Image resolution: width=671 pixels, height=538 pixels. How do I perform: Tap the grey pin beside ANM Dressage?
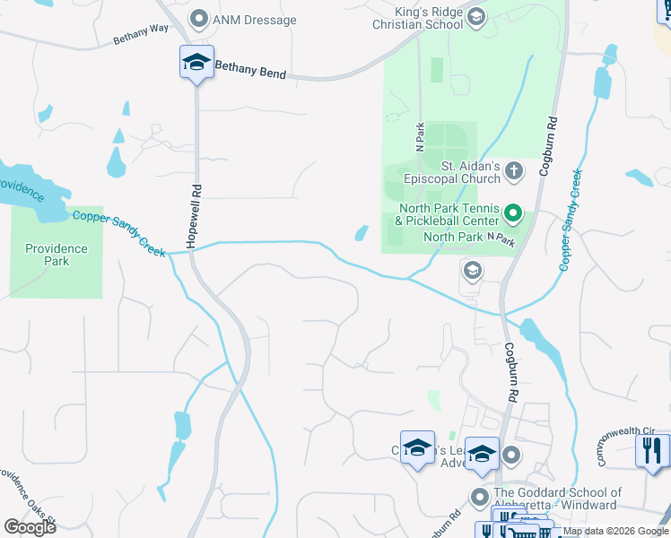coord(199,18)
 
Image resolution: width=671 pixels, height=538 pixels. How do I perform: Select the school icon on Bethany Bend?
coord(196,63)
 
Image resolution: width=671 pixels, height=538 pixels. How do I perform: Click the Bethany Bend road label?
coord(250,70)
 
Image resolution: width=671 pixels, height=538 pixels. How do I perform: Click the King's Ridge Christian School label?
coord(418,18)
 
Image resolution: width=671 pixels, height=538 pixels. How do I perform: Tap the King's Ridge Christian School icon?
coord(476,17)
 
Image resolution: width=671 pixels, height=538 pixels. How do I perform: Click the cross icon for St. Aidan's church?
coord(514,169)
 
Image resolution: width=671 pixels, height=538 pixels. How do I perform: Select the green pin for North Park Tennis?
coord(512,213)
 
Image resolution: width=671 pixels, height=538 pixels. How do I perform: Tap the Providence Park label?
coord(56,255)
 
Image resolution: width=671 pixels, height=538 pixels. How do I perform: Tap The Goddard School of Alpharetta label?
coord(557,499)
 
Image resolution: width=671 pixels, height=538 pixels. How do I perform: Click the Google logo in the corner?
coord(30,526)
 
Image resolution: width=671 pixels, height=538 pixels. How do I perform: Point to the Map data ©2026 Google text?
coord(615,532)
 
